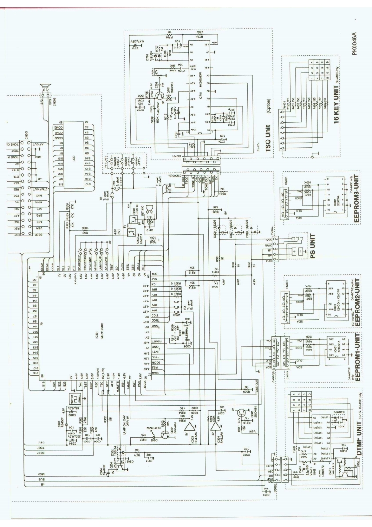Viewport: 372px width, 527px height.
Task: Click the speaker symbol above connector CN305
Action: click(x=46, y=87)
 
